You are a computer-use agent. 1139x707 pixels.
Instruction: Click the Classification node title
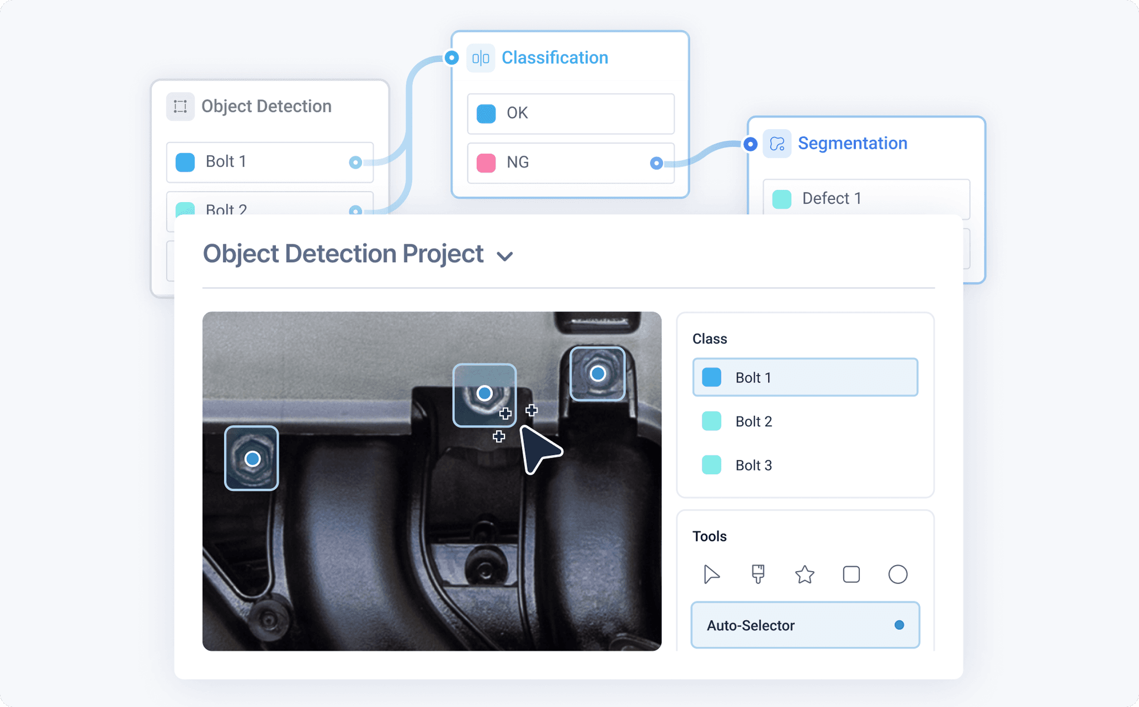click(x=554, y=58)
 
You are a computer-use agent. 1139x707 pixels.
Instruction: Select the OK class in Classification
click(x=571, y=114)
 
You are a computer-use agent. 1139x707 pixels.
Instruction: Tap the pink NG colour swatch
click(x=486, y=163)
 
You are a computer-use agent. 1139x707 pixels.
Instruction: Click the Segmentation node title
click(x=852, y=144)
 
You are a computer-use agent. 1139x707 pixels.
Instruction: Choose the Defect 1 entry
click(x=866, y=199)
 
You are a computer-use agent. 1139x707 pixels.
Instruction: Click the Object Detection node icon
click(x=180, y=106)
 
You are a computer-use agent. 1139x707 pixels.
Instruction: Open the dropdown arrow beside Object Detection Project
click(x=505, y=256)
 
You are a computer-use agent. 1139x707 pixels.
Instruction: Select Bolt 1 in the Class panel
click(x=805, y=377)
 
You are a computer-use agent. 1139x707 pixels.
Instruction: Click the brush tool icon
click(x=758, y=574)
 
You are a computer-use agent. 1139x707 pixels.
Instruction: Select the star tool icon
click(x=805, y=575)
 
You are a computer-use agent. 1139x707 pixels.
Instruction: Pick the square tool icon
click(x=851, y=574)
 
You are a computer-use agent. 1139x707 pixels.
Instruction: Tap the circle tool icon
click(x=898, y=574)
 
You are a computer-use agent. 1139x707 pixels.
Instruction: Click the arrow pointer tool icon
click(x=711, y=574)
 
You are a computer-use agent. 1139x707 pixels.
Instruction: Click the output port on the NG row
click(x=656, y=163)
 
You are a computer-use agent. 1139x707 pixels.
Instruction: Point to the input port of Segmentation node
click(x=750, y=144)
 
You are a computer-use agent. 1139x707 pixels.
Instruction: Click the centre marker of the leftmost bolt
click(x=252, y=459)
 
